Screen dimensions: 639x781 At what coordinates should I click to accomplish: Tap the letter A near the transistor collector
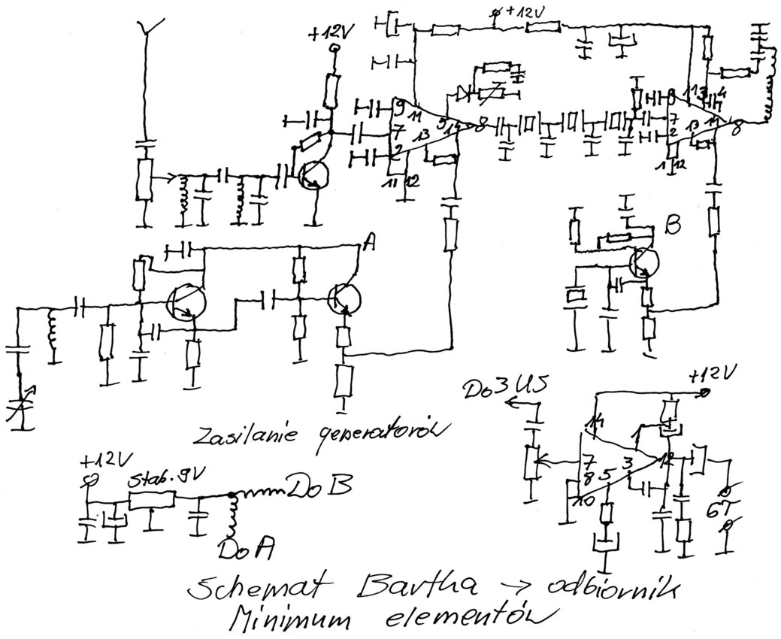369,241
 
